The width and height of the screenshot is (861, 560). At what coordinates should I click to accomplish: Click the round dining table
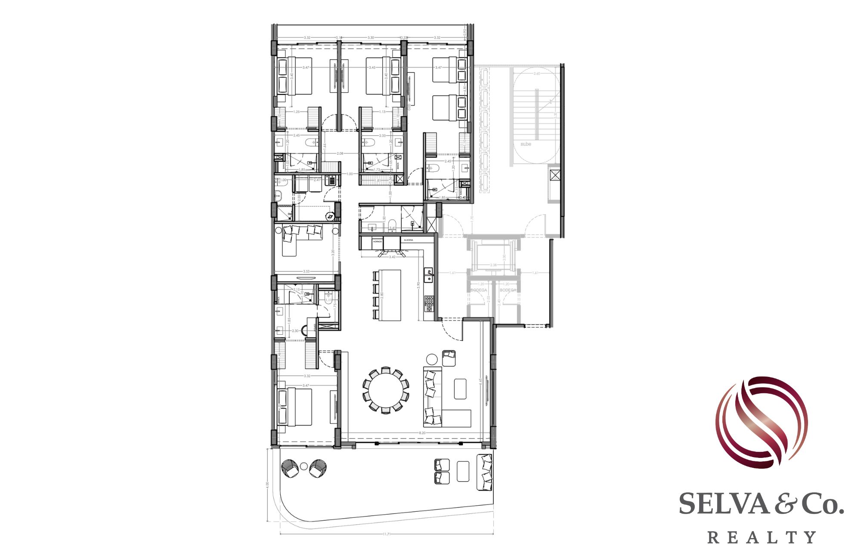[386, 390]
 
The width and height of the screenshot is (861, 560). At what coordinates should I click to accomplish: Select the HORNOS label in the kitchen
[378, 242]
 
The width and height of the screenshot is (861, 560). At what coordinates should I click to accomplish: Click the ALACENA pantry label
[408, 240]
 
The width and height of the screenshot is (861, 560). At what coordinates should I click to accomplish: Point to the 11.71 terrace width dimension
[386, 534]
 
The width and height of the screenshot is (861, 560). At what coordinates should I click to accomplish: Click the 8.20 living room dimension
[421, 432]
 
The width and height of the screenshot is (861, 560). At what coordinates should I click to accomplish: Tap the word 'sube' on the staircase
[525, 144]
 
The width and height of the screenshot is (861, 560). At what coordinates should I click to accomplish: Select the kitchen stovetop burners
[429, 303]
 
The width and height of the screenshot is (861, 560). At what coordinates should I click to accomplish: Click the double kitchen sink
[428, 274]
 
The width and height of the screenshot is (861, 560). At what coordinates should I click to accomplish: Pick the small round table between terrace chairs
[304, 466]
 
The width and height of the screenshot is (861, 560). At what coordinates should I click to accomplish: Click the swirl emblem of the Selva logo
[761, 422]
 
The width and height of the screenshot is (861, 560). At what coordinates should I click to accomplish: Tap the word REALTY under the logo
[761, 537]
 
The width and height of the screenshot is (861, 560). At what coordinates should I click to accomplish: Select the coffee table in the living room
[460, 389]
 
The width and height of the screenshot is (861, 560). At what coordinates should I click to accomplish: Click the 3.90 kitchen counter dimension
[418, 286]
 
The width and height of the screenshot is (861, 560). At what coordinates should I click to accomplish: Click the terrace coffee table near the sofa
[463, 471]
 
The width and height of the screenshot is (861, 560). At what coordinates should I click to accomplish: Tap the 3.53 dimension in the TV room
[306, 271]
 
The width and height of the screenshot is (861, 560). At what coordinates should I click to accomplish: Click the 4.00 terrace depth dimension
[267, 485]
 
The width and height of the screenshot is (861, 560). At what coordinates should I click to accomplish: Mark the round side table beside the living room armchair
[431, 359]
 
